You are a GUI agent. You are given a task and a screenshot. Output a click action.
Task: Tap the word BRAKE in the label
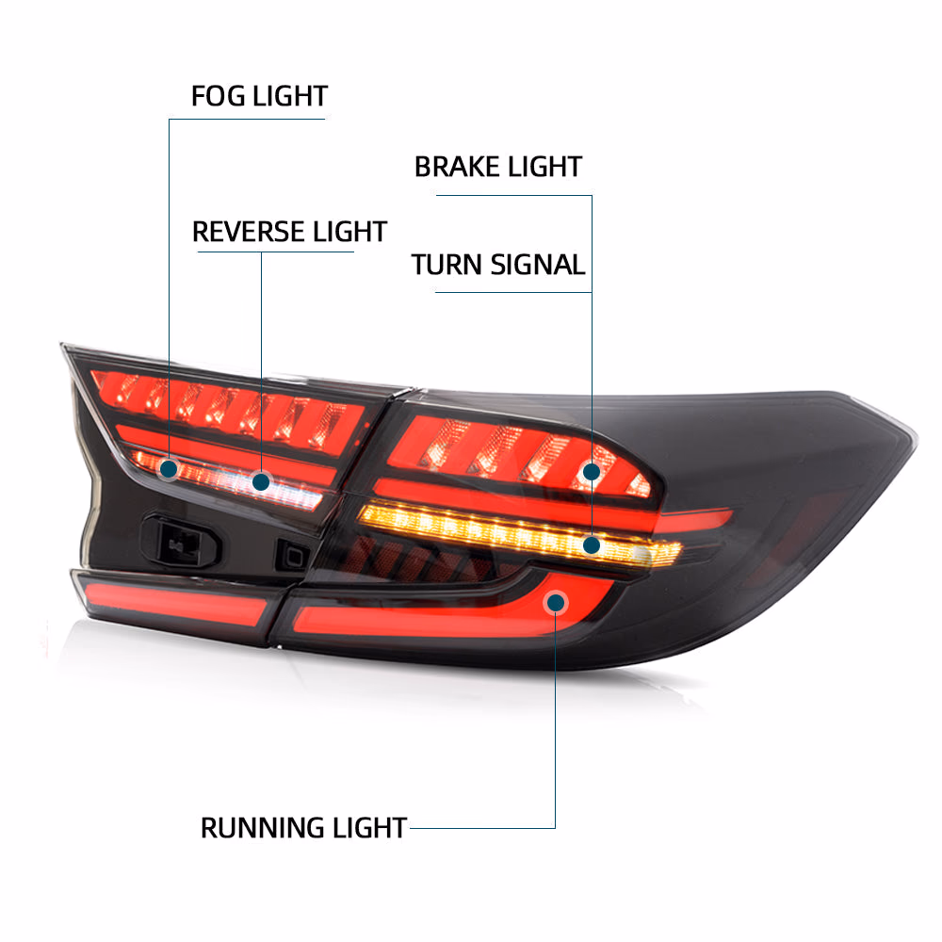(x=455, y=167)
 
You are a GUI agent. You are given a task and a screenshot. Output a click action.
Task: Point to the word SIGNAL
(x=538, y=265)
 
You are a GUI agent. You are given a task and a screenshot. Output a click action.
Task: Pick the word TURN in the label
(x=447, y=265)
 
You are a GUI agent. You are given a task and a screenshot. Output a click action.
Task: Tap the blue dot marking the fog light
(x=169, y=468)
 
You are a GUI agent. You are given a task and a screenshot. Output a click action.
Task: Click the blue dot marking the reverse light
(x=261, y=481)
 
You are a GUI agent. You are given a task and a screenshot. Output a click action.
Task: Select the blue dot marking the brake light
(x=592, y=472)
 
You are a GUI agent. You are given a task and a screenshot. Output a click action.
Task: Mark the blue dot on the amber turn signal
(x=592, y=544)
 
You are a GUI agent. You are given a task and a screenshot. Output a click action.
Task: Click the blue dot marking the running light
(x=556, y=602)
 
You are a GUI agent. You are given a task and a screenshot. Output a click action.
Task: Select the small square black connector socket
(x=292, y=556)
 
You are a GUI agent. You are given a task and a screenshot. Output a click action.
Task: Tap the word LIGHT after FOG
(x=290, y=96)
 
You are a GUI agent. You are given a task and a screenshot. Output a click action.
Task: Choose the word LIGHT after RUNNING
(x=369, y=828)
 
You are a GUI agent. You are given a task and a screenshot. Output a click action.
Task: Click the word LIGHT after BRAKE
(x=544, y=167)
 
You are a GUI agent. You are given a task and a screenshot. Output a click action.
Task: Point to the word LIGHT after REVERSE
(x=349, y=232)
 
